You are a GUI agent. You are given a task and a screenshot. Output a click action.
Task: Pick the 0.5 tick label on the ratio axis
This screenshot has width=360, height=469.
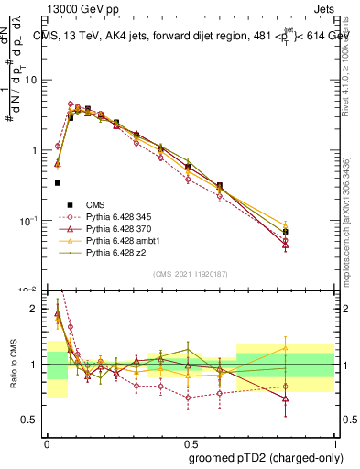31,420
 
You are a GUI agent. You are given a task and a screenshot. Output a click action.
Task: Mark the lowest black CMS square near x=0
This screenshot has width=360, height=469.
58,183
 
